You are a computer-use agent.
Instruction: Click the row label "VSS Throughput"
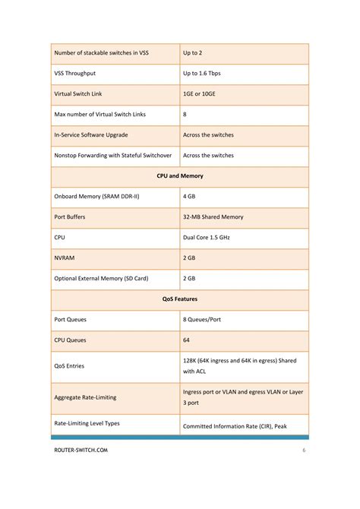click(75, 74)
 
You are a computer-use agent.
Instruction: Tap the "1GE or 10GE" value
click(198, 94)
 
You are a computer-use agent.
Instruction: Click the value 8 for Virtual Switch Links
click(185, 115)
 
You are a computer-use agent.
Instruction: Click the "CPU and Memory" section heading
click(180, 175)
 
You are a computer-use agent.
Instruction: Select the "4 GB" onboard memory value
click(190, 196)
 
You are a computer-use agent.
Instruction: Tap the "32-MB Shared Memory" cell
click(213, 217)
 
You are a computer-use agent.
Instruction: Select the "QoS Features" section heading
click(180, 299)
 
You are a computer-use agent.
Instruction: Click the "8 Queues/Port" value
click(203, 320)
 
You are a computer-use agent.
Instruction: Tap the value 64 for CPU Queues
click(187, 340)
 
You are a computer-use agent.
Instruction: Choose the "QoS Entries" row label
click(69, 366)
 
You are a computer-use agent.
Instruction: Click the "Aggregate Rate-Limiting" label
click(86, 397)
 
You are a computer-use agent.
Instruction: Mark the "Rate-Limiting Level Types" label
click(87, 423)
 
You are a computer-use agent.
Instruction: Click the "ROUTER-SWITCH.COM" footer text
click(81, 451)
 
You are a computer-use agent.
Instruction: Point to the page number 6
click(304, 451)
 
